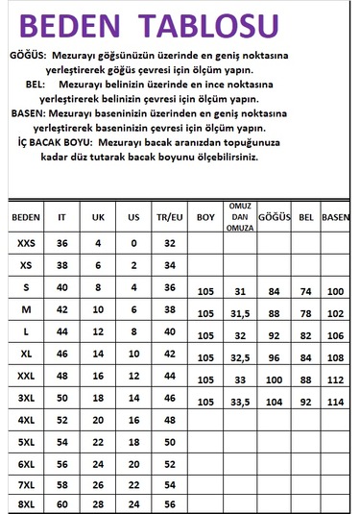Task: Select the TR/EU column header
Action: click(x=169, y=217)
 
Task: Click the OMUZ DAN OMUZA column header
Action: click(x=240, y=217)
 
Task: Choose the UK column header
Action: click(x=97, y=217)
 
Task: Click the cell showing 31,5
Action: click(x=240, y=313)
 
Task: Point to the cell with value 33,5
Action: click(x=240, y=402)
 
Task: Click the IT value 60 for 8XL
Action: click(x=62, y=503)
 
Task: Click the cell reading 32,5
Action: click(x=240, y=357)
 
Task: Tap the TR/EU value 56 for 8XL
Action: click(x=169, y=503)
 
